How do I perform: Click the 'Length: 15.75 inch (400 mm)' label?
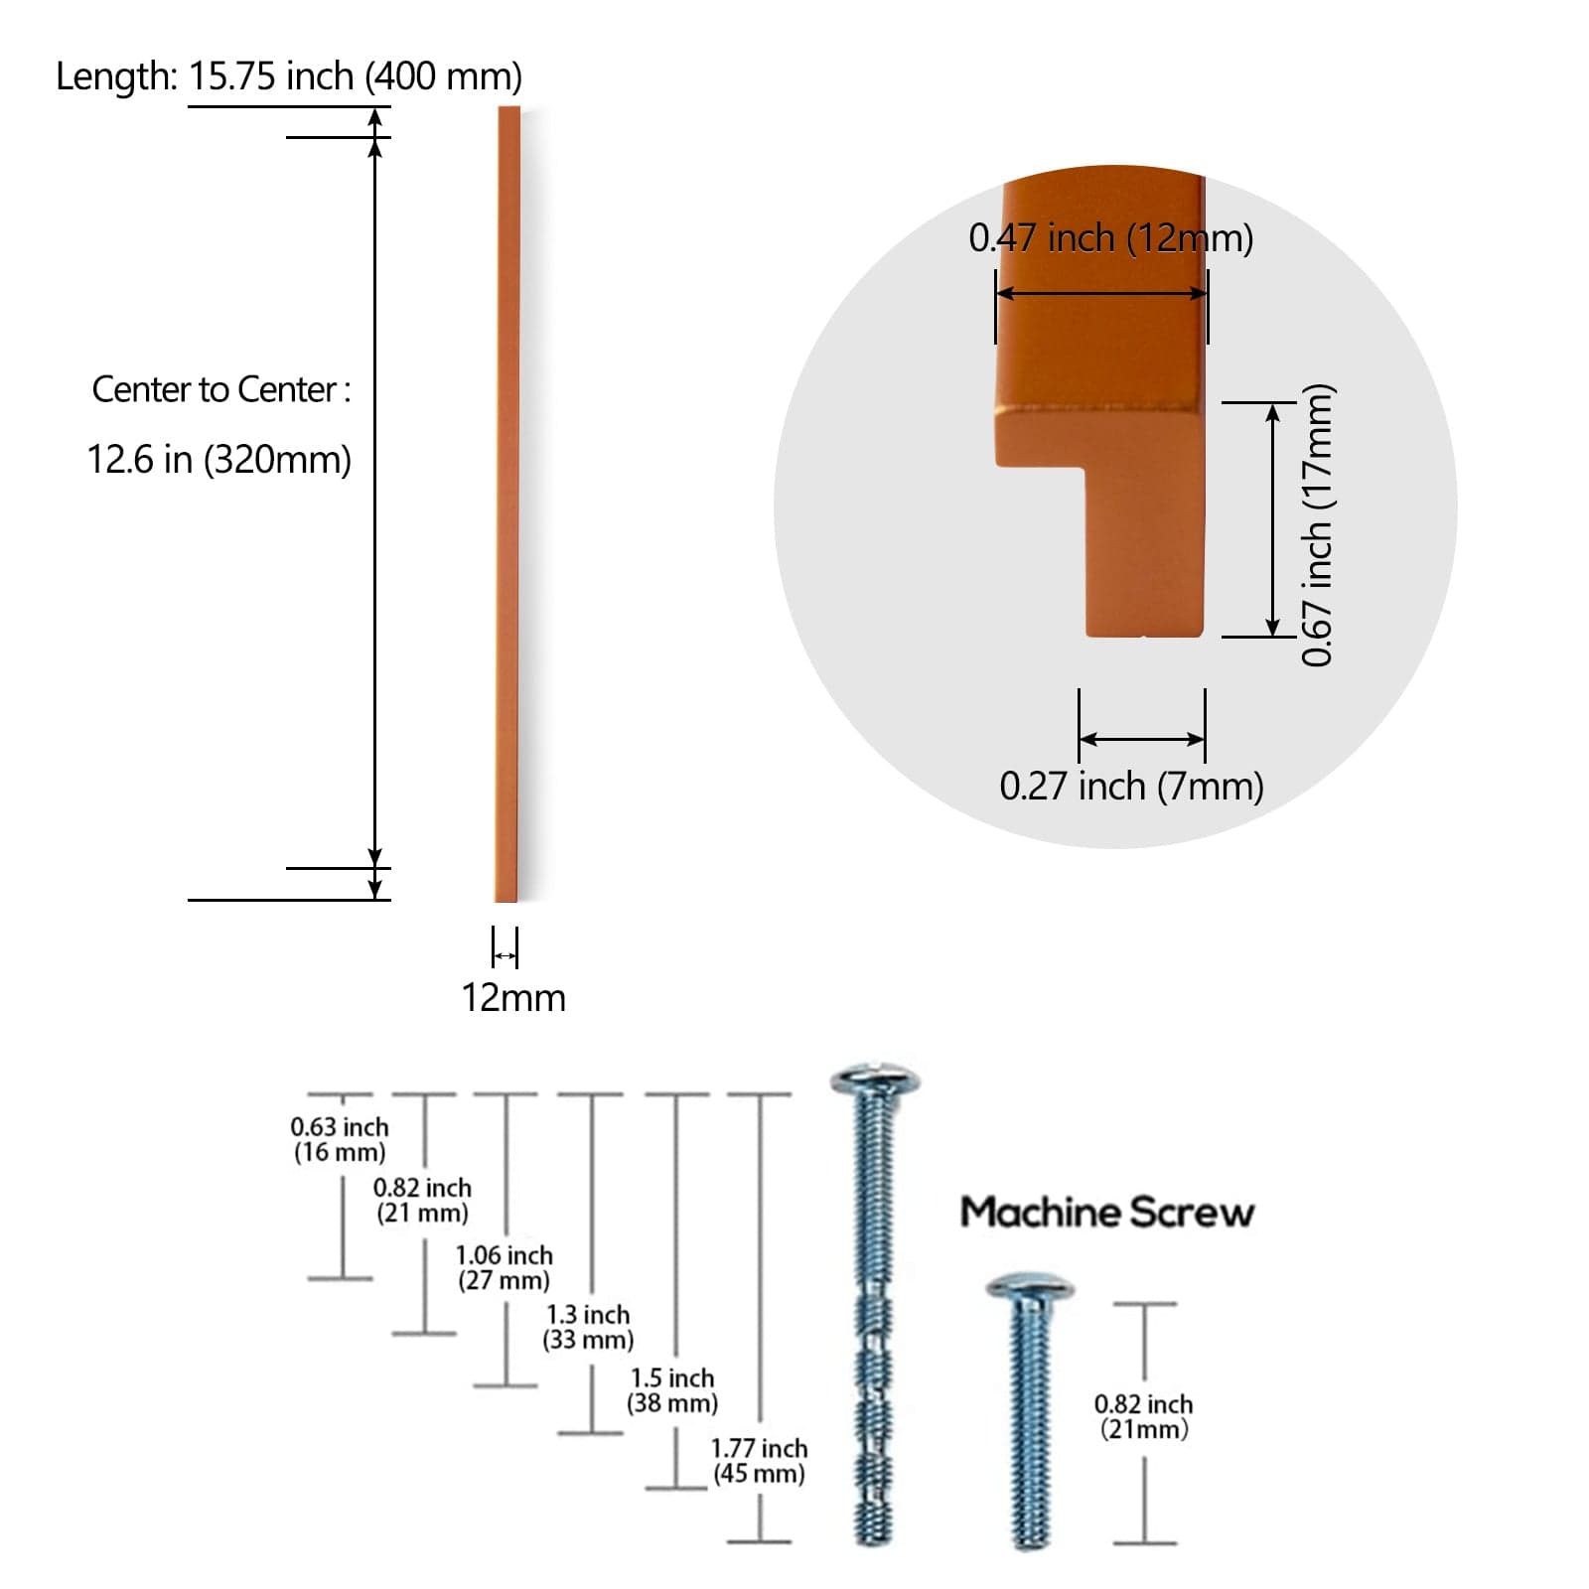tap(288, 76)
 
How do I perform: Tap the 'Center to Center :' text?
tap(221, 389)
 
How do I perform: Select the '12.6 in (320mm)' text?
tap(219, 460)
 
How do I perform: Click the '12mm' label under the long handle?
tap(513, 998)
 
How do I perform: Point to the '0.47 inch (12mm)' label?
tap(1110, 238)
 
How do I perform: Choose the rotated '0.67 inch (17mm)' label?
tap(1317, 524)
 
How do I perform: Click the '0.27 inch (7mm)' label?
tap(1131, 786)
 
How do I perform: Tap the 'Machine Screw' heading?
tap(1107, 1213)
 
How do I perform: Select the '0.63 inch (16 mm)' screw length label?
tap(340, 1139)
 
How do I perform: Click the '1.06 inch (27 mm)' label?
tap(505, 1267)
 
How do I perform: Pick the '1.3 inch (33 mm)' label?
tap(588, 1327)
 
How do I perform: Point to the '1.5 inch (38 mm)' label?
tap(672, 1390)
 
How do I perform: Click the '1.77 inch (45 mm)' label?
tap(760, 1461)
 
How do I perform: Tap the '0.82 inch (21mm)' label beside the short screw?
tap(1143, 1416)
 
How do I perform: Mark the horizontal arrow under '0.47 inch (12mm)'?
tap(1101, 293)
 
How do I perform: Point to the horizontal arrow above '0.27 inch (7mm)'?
tap(1142, 739)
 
